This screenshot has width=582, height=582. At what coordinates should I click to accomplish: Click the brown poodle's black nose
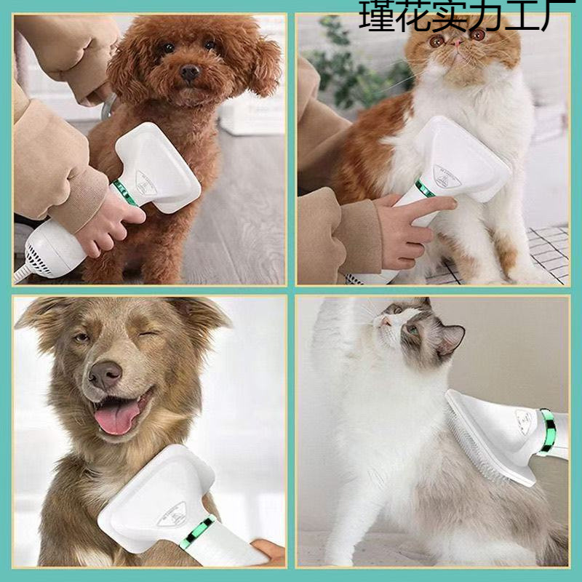191,72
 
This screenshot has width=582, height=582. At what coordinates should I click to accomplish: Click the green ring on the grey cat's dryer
546,431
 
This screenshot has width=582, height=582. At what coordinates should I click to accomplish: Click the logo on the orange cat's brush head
446,175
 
